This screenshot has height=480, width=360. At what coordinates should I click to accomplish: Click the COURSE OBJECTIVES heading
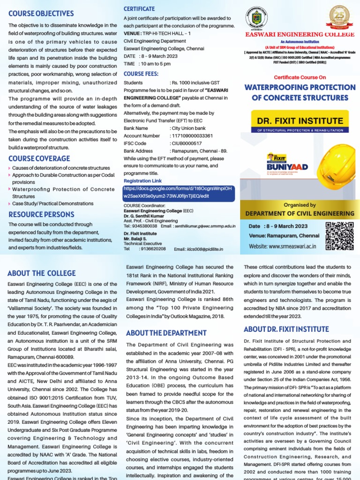(x=41, y=13)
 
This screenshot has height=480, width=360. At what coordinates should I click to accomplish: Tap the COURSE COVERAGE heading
(x=39, y=158)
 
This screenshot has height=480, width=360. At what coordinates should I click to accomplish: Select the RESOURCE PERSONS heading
(x=42, y=214)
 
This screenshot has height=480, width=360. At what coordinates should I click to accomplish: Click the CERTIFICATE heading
(x=139, y=9)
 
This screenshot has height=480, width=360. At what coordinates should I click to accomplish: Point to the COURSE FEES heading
(x=141, y=74)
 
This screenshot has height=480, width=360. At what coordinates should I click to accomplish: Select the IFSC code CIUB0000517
(x=187, y=143)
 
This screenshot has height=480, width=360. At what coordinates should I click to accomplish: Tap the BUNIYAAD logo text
(x=281, y=166)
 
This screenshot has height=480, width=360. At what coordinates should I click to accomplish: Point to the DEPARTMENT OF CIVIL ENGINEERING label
(x=300, y=213)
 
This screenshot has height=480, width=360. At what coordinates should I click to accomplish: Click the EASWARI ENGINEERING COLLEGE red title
(x=300, y=34)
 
